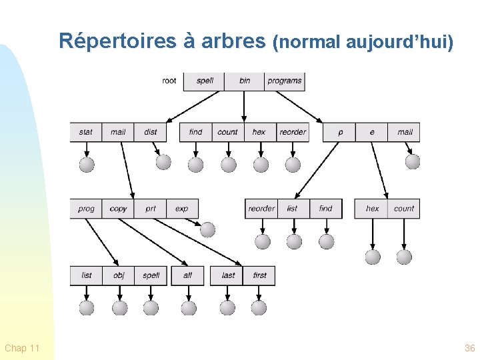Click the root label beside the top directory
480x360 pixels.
[x=169, y=81]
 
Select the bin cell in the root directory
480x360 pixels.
[x=245, y=81]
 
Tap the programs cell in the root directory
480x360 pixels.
[x=285, y=81]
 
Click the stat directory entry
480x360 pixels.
[x=86, y=132]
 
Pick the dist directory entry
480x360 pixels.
[x=151, y=132]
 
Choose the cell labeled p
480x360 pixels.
[x=340, y=132]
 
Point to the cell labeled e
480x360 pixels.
[x=372, y=132]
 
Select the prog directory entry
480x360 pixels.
[x=86, y=209]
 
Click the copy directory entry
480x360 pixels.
[x=118, y=209]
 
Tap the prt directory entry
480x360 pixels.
[x=151, y=209]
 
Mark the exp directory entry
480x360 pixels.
[x=182, y=209]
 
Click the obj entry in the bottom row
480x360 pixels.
[x=119, y=275]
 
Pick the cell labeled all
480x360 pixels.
[x=187, y=275]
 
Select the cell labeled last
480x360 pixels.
[x=228, y=275]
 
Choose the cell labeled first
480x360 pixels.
[x=259, y=275]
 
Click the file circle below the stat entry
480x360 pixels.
[x=87, y=164]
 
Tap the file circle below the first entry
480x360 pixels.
[x=259, y=307]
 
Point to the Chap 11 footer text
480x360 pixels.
[x=22, y=348]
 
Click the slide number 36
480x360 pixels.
[x=469, y=348]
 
